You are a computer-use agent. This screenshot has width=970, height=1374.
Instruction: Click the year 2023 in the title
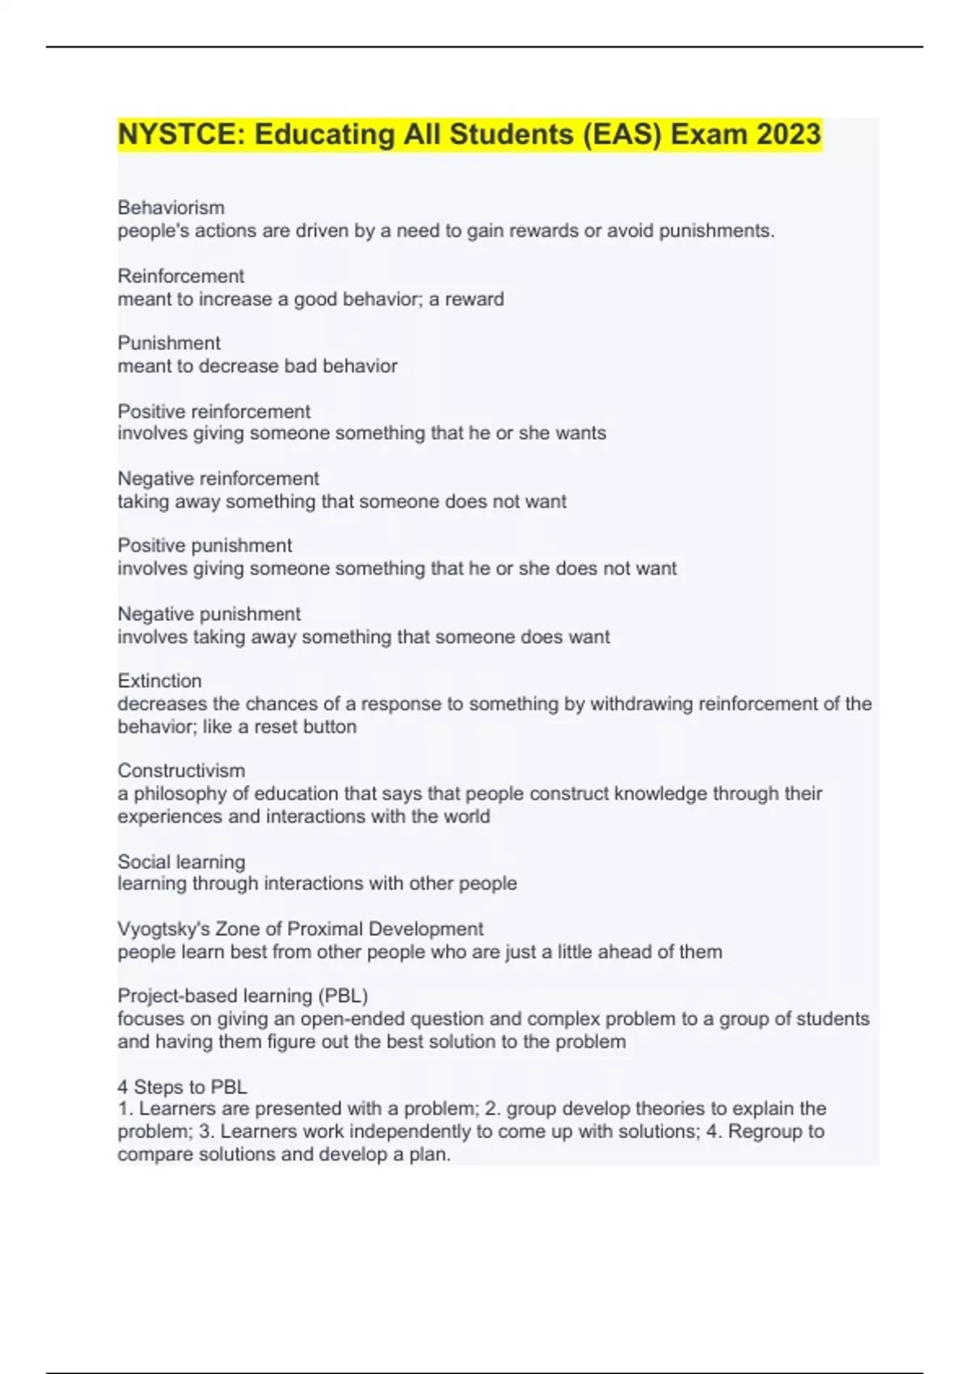pyautogui.click(x=788, y=134)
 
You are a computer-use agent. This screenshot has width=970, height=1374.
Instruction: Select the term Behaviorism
pyautogui.click(x=171, y=208)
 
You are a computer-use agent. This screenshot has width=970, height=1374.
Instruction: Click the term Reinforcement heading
pyautogui.click(x=180, y=276)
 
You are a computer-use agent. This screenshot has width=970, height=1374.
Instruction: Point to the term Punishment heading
pyautogui.click(x=169, y=343)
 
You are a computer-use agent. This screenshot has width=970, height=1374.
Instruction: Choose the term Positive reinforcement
pyautogui.click(x=213, y=411)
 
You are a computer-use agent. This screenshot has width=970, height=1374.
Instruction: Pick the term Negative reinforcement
pyautogui.click(x=218, y=478)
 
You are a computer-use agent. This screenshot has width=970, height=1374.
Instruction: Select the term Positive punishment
pyautogui.click(x=205, y=546)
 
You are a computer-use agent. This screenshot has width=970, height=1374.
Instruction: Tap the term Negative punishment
pyautogui.click(x=209, y=613)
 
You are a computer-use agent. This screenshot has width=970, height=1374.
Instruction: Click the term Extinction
pyautogui.click(x=159, y=681)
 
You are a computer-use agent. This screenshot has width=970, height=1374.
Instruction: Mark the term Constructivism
pyautogui.click(x=181, y=770)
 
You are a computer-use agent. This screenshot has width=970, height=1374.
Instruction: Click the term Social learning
pyautogui.click(x=181, y=862)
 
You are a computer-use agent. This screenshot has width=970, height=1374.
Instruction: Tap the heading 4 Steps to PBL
pyautogui.click(x=182, y=1087)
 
